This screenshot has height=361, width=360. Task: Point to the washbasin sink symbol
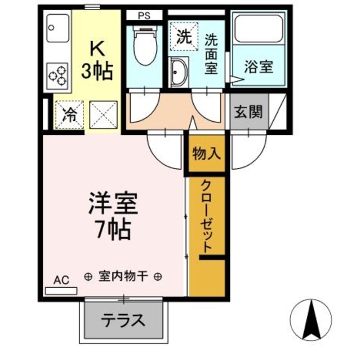pos(181,72)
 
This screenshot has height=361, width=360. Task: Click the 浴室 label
pos(258,67)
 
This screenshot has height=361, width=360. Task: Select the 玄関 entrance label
pos(248,111)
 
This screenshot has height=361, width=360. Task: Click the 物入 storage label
pos(207,153)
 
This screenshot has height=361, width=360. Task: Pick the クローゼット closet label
pos(207,217)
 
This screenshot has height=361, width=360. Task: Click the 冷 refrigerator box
pos(69,115)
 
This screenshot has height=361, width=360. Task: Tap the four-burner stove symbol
pos(57,75)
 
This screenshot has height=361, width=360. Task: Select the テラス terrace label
pos(123,321)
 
